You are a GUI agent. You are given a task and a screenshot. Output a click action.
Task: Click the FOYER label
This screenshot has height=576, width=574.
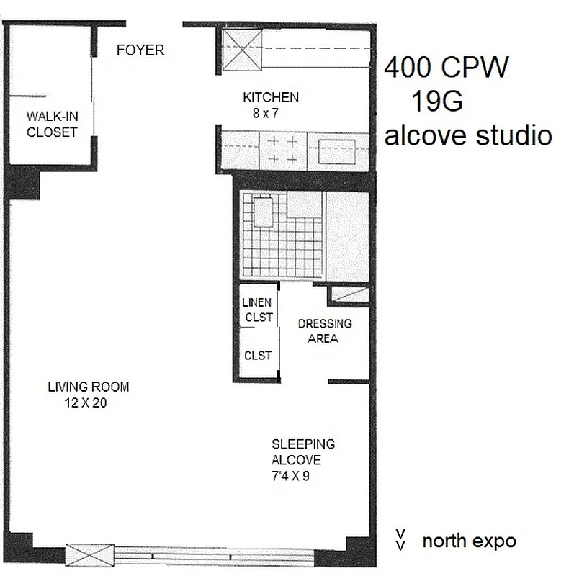pos(140,50)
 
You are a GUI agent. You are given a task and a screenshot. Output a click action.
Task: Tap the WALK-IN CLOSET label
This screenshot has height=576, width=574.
pos(51,123)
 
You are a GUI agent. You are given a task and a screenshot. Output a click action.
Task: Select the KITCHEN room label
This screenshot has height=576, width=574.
pos(270,97)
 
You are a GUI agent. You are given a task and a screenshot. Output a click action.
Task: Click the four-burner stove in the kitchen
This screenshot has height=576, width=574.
pos(282,150)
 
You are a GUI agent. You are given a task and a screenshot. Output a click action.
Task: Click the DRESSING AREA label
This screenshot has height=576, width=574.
pos(324,331)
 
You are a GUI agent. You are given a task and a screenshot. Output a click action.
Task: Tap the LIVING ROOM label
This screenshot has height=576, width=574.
pos(89,387)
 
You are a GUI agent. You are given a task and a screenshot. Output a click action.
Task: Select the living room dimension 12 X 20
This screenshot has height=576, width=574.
pos(86,403)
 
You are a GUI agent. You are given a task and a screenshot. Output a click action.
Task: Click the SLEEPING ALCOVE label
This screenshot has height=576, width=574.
pos(302,452)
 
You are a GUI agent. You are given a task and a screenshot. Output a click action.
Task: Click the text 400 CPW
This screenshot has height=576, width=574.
pos(446,69)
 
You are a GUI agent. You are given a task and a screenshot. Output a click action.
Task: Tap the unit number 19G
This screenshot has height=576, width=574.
pos(436,102)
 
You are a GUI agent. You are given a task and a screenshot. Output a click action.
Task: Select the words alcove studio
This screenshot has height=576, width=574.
pos(468,135)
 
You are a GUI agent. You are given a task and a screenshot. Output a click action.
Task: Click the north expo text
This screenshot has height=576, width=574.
pos(468,541)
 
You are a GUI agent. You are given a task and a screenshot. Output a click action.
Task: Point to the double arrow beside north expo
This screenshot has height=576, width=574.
pos(400,540)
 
